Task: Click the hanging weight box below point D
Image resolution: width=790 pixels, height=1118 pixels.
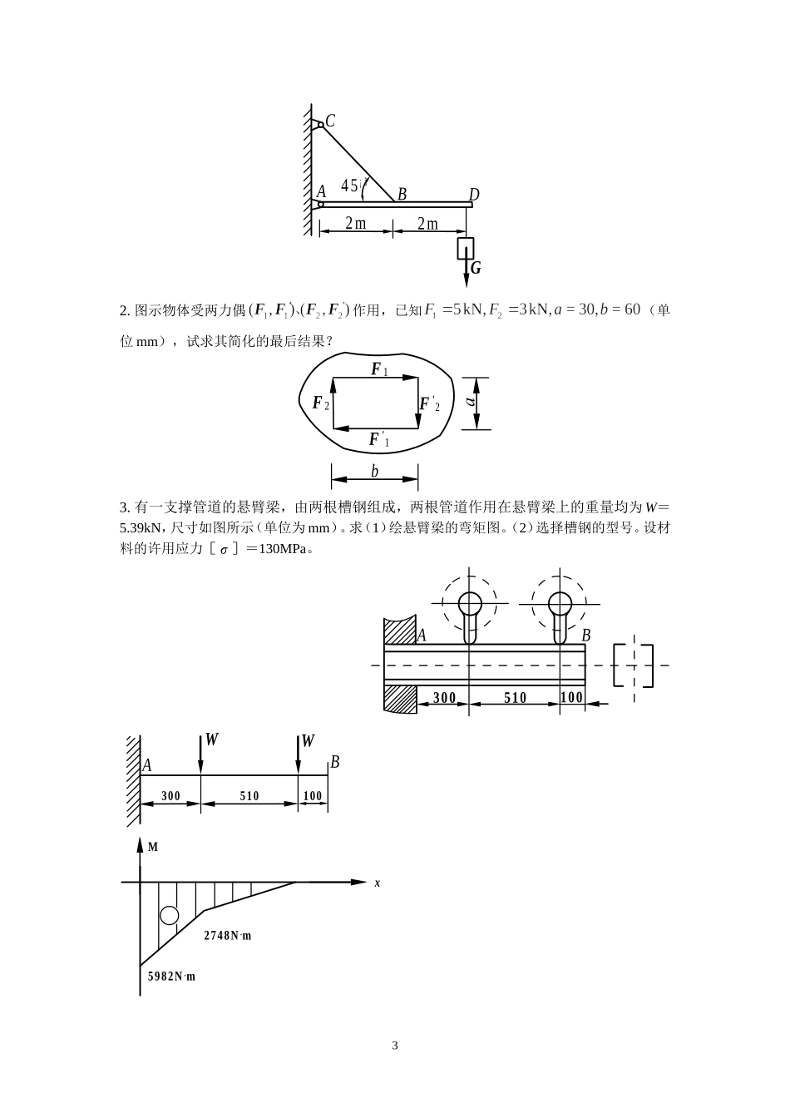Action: pyautogui.click(x=466, y=248)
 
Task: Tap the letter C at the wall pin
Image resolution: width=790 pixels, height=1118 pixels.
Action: pyautogui.click(x=330, y=121)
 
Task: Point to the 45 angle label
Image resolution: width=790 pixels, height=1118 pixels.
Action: pyautogui.click(x=350, y=186)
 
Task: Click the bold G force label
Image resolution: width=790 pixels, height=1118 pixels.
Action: pyautogui.click(x=476, y=268)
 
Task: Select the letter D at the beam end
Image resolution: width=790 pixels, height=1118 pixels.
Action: pyautogui.click(x=473, y=195)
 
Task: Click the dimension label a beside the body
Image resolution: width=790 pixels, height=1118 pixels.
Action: pyautogui.click(x=471, y=402)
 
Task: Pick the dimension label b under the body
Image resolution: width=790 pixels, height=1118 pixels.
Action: pyautogui.click(x=374, y=472)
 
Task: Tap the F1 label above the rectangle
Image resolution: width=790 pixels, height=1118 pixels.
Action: pyautogui.click(x=378, y=369)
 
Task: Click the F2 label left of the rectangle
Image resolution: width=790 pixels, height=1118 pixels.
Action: pyautogui.click(x=320, y=403)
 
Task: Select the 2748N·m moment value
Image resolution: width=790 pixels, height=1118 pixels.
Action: pyautogui.click(x=227, y=936)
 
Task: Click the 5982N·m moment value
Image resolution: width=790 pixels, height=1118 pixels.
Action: pyautogui.click(x=171, y=977)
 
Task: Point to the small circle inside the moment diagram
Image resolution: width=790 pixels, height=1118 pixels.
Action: pyautogui.click(x=170, y=915)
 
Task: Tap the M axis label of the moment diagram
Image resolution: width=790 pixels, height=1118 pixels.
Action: pyautogui.click(x=153, y=847)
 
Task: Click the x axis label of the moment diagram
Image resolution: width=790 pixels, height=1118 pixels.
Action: pyautogui.click(x=377, y=883)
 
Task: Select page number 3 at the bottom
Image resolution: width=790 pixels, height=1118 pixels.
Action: pyautogui.click(x=395, y=1046)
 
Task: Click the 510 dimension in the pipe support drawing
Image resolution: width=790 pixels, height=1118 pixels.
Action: pyautogui.click(x=515, y=698)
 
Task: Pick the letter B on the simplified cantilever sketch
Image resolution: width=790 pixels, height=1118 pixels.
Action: pyautogui.click(x=334, y=762)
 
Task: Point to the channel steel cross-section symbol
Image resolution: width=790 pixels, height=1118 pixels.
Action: pyautogui.click(x=634, y=665)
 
